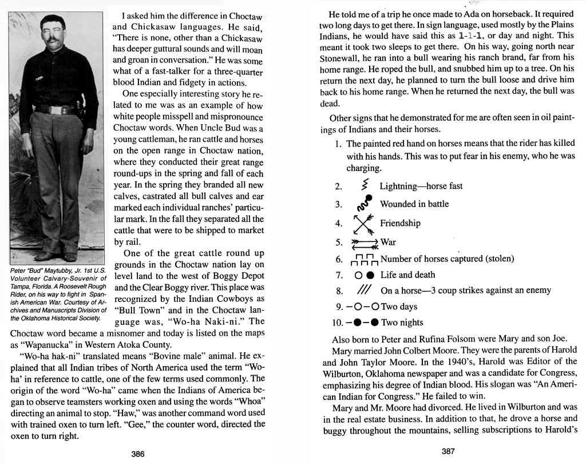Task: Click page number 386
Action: point(138,454)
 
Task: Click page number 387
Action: point(448,451)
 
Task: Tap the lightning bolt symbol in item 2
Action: point(365,185)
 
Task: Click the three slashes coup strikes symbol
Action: point(365,291)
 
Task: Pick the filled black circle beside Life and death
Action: point(371,275)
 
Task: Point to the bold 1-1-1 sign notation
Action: point(465,35)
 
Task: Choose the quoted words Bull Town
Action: point(137,309)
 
